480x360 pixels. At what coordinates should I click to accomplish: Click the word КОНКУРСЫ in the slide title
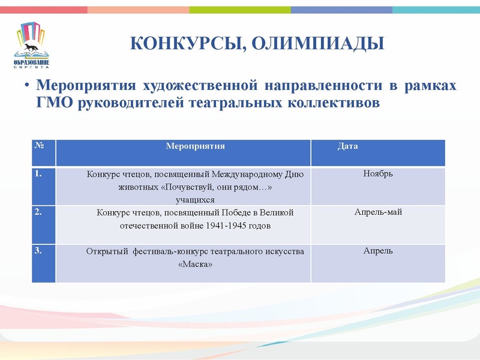pos(182,44)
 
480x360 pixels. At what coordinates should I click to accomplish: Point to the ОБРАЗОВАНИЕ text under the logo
pos(31,62)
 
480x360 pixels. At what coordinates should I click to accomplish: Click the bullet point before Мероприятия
pos(27,86)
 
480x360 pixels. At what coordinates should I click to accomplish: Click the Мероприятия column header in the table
pos(195,146)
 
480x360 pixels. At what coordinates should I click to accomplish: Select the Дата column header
pos(348,146)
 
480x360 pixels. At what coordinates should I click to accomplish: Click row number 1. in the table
pos(38,174)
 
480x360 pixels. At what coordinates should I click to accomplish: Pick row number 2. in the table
pos(38,212)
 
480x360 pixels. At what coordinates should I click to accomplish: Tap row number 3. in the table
pos(38,251)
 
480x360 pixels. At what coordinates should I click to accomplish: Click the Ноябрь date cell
pos(378,173)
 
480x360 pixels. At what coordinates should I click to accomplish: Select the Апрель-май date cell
pos(378,212)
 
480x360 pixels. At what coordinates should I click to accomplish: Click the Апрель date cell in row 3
pos(378,250)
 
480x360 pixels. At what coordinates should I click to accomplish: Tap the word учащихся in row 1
pos(195,199)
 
